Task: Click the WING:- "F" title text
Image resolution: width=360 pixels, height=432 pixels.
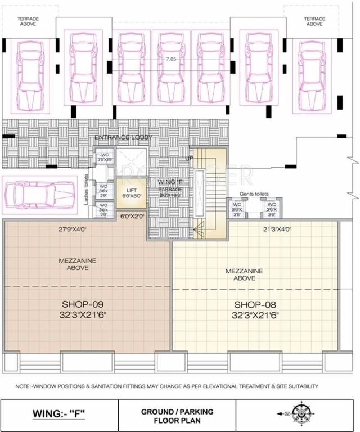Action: pyautogui.click(x=59, y=416)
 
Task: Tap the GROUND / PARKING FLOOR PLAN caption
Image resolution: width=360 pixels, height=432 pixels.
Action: pyautogui.click(x=177, y=416)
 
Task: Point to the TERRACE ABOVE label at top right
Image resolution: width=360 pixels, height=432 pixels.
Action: pyautogui.click(x=314, y=22)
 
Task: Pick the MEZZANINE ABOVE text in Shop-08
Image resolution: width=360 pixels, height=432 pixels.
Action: pyautogui.click(x=244, y=274)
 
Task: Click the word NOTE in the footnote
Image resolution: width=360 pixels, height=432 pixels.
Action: pyautogui.click(x=23, y=386)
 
